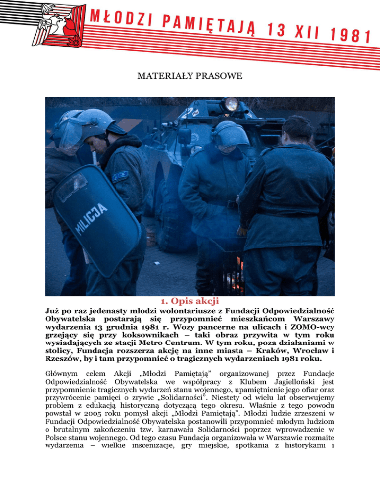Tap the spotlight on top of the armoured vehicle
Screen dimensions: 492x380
click(x=230, y=104)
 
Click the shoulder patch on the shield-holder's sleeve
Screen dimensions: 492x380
click(x=120, y=175)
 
